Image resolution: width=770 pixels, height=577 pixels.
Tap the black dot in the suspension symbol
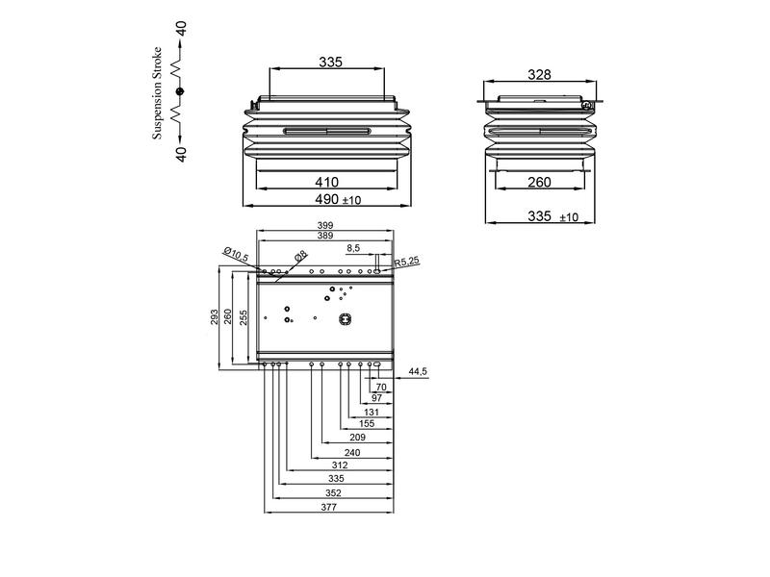tap(179, 91)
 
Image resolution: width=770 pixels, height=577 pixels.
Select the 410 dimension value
tap(328, 180)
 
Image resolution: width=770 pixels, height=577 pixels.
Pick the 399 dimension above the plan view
tap(326, 225)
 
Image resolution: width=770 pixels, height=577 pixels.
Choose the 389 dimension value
tap(326, 236)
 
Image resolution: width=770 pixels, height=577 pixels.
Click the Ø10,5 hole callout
tap(236, 253)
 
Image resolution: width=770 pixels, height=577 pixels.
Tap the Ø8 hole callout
tap(301, 255)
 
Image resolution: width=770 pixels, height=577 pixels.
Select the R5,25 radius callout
tap(408, 260)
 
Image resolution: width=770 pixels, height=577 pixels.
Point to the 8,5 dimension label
tap(353, 248)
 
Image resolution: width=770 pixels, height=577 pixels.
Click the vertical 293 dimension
tap(215, 317)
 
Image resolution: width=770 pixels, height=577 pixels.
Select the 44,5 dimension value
tap(418, 370)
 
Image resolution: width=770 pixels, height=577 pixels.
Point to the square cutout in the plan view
tap(345, 319)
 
